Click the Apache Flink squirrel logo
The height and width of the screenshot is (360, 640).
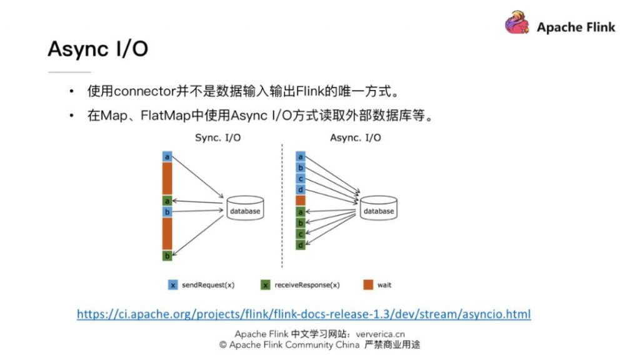(518, 23)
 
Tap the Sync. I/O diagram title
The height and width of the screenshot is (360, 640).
(216, 138)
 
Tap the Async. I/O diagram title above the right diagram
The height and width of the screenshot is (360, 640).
(355, 138)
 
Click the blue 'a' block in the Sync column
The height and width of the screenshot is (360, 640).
(167, 157)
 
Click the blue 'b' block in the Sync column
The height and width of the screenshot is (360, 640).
(167, 212)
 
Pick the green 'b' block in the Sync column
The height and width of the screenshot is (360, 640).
(167, 256)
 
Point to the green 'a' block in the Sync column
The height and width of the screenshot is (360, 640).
(167, 201)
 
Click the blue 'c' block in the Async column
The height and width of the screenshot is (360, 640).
(301, 179)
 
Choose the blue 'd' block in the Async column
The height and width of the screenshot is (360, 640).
(301, 190)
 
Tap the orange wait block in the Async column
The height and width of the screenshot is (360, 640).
(301, 201)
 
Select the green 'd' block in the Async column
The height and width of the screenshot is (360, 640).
(301, 245)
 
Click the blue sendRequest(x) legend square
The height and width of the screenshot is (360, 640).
(173, 285)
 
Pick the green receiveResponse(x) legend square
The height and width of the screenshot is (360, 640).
(266, 285)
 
